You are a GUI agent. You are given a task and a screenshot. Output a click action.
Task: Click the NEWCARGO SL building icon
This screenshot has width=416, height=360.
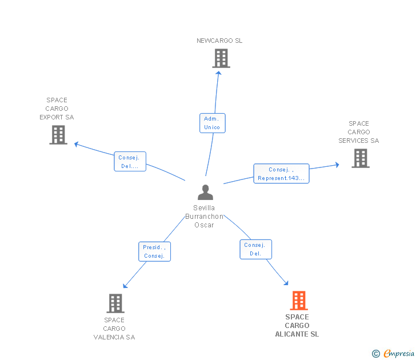click(221, 58)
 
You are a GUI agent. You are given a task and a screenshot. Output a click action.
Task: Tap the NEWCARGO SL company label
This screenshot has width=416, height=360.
click(219, 41)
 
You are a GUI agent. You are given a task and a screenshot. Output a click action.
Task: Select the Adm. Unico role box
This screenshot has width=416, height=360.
click(212, 123)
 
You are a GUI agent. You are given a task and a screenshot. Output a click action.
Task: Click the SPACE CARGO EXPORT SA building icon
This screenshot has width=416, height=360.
click(58, 135)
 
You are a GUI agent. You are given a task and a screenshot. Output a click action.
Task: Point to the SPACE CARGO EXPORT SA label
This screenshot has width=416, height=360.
click(57, 109)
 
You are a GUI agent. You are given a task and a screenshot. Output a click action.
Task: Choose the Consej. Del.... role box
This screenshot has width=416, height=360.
click(130, 161)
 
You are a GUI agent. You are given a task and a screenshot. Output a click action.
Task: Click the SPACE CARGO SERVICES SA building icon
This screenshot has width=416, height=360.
click(361, 158)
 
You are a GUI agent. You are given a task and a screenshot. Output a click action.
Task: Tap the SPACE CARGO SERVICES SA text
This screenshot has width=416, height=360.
click(359, 132)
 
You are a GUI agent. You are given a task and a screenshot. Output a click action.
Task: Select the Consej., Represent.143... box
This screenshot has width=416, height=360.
click(281, 174)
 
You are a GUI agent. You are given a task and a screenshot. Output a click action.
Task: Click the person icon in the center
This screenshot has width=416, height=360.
click(205, 193)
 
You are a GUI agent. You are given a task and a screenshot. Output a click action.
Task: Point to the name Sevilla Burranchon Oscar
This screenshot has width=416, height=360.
click(204, 216)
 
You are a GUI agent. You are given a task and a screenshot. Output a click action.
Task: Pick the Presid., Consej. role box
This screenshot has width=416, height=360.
click(154, 251)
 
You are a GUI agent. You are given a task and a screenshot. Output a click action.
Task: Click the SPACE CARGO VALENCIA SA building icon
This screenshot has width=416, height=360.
click(115, 303)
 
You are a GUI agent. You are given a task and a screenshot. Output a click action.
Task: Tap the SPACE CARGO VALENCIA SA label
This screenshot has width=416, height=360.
click(114, 329)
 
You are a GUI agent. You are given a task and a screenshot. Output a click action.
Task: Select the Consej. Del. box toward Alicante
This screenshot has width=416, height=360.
click(256, 249)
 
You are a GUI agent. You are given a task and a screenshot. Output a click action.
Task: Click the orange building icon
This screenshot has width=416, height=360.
click(299, 301)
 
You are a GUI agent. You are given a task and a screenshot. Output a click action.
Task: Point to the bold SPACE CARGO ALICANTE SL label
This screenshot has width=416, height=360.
click(297, 326)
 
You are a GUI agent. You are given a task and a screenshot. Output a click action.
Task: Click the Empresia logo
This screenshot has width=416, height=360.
click(393, 353)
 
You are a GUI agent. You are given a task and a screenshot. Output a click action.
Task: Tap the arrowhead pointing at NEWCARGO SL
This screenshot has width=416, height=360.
click(218, 74)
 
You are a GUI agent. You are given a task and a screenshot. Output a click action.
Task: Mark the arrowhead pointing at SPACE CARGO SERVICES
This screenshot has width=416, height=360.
click(337, 165)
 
